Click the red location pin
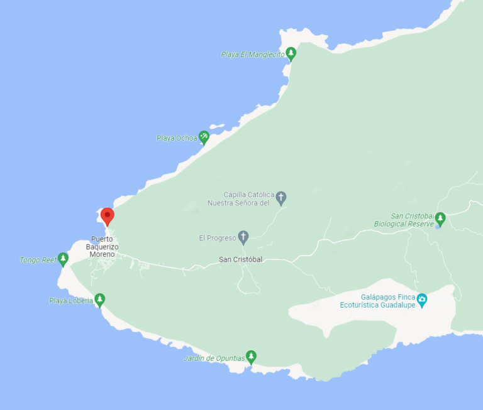pos(108,217)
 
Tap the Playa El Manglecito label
pos(252,55)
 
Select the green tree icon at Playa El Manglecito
pos(291,53)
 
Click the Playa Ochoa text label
pos(177,138)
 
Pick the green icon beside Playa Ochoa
pos(204,136)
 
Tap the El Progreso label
pos(217,238)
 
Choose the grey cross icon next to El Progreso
pos(243,237)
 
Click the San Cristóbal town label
pos(240,259)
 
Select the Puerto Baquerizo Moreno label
pos(102,247)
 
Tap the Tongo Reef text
pos(38,260)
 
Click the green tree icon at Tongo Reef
pos(63,258)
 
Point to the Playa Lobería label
pos(71,301)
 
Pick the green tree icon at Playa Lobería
pos(99,299)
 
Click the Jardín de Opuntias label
pos(214,359)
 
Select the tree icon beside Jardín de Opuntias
pos(251,357)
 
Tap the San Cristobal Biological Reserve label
pos(404,220)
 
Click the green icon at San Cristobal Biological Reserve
pos(440,218)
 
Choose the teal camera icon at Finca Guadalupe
pos(422,299)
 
